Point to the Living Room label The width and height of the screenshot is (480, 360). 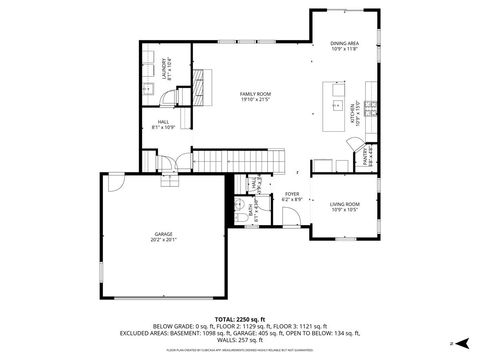[x=344, y=206]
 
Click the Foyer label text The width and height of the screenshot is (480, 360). [x=292, y=197]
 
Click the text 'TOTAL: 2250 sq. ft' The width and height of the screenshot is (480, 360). [x=240, y=318]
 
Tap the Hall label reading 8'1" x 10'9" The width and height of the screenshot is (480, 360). [x=163, y=125]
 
